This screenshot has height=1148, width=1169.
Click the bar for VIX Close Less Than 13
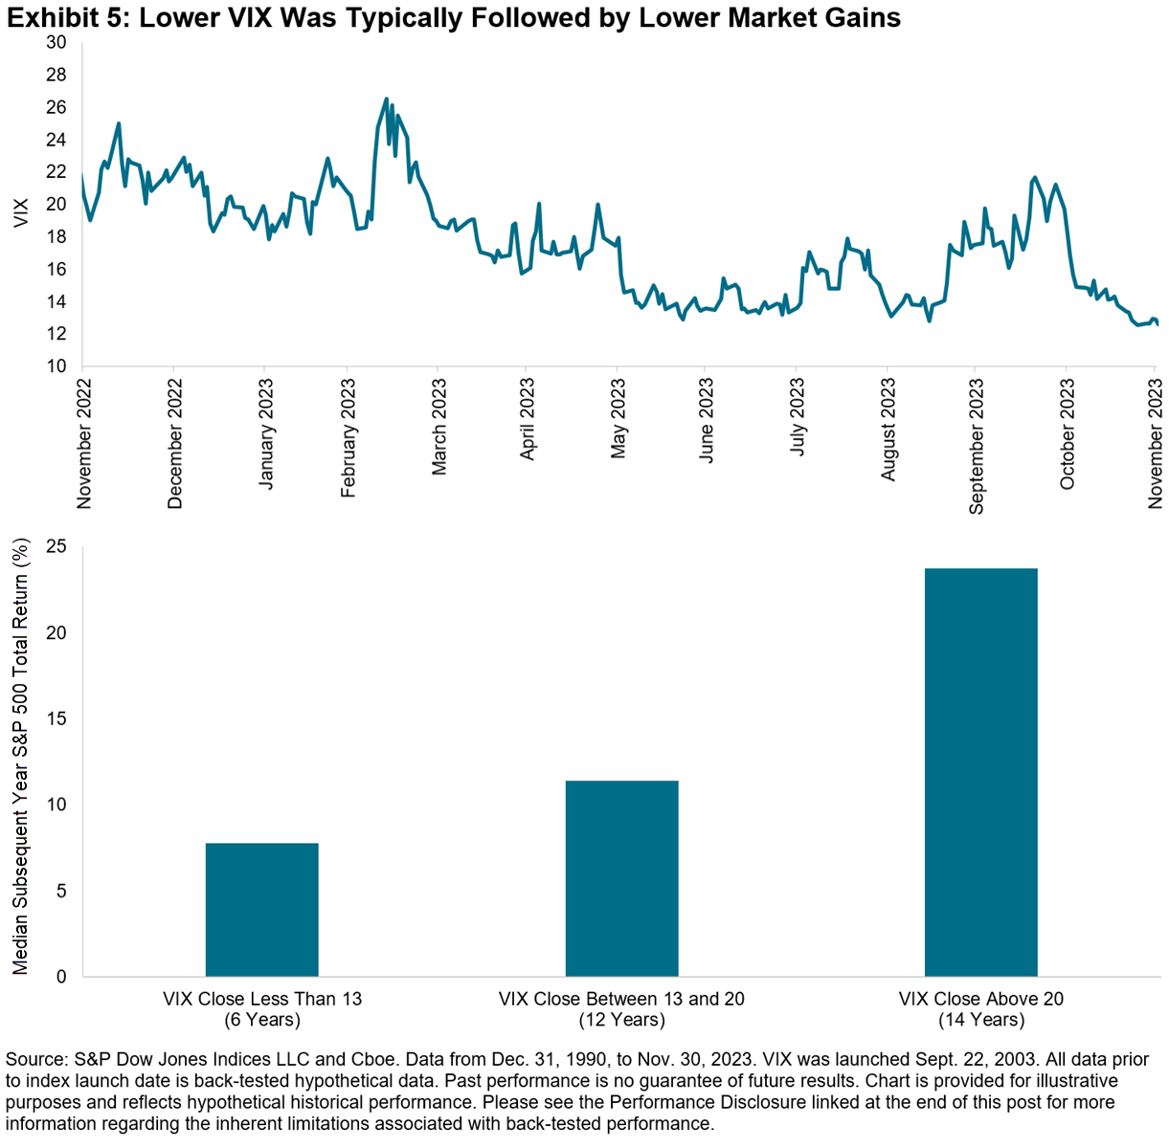[261, 909]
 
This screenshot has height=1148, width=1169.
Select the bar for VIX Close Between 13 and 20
[621, 878]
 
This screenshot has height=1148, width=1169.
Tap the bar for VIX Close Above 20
[980, 772]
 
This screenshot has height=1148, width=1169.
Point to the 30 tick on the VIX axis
[56, 43]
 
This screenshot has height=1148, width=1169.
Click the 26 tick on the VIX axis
[56, 107]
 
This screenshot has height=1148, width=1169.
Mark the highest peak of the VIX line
[386, 99]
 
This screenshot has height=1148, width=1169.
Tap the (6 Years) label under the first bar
[262, 1020]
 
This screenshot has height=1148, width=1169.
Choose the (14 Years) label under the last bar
[981, 1020]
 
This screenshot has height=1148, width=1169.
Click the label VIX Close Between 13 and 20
[621, 999]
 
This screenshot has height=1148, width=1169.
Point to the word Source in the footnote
[34, 1061]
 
